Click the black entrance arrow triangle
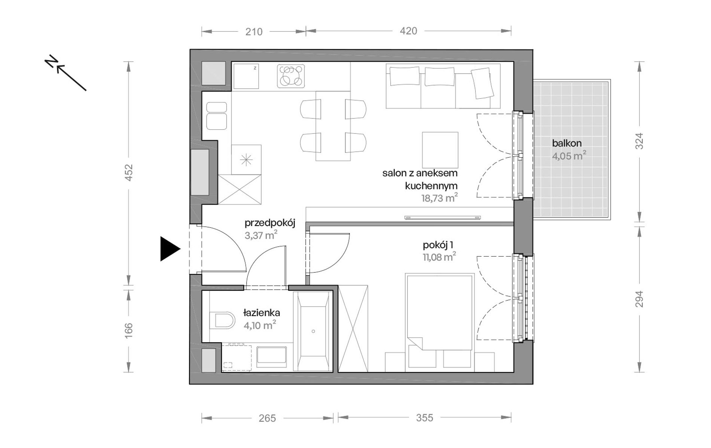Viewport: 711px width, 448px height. [x=169, y=248]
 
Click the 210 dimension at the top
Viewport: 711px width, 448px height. [x=254, y=32]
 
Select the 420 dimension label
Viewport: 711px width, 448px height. [x=408, y=31]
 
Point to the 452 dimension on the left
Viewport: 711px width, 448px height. [x=128, y=173]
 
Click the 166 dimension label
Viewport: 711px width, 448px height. [x=128, y=330]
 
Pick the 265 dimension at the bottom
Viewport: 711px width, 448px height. [x=267, y=418]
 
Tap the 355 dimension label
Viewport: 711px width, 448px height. [x=424, y=417]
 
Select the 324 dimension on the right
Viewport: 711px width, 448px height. [x=640, y=141]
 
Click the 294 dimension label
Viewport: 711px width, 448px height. [x=640, y=299]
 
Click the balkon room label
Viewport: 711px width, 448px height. [x=567, y=143]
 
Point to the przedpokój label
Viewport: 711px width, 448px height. [x=270, y=223]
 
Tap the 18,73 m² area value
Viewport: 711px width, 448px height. [x=440, y=198]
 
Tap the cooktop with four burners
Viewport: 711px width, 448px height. [x=291, y=76]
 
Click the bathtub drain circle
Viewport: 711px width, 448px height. [x=313, y=331]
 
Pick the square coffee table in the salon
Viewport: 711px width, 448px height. [x=440, y=150]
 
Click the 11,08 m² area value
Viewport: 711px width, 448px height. [x=439, y=257]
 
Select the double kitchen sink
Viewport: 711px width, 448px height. [x=217, y=116]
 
